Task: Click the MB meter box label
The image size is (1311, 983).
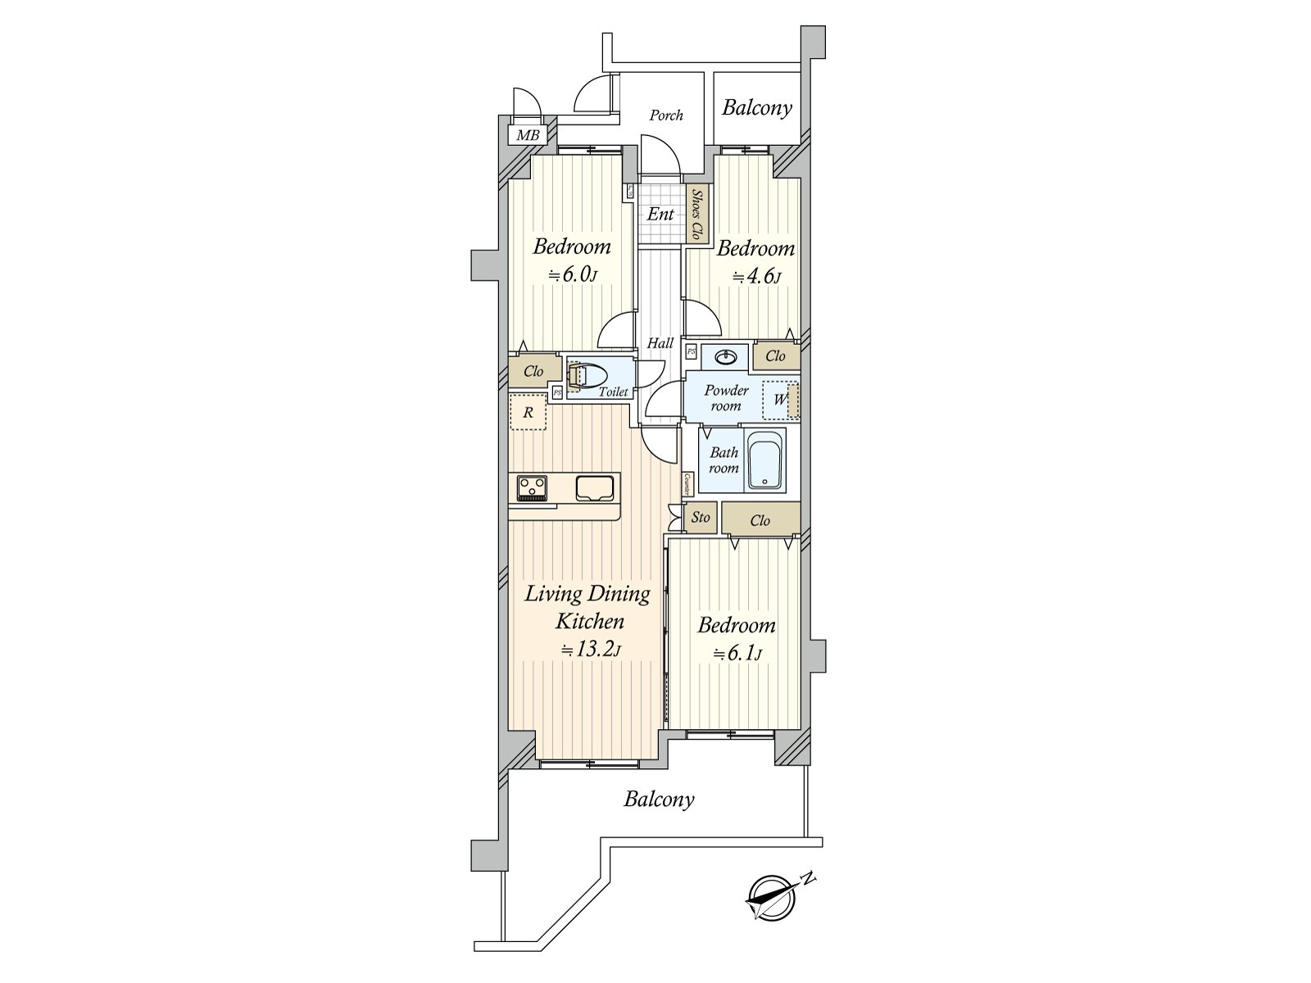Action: [528, 135]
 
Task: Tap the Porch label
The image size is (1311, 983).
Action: [665, 116]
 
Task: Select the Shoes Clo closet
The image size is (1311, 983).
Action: [697, 215]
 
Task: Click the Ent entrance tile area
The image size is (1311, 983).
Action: [660, 215]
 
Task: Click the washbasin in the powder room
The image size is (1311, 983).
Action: [725, 357]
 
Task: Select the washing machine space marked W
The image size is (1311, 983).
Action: [780, 401]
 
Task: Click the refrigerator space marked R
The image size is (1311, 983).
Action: [528, 413]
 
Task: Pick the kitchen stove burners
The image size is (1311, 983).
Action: [533, 488]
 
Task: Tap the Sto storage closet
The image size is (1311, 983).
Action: [701, 518]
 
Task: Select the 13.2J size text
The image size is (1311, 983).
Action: [590, 650]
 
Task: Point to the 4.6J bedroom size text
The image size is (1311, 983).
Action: [755, 276]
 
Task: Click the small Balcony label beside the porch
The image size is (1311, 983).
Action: [756, 107]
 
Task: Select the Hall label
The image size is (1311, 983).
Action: [660, 343]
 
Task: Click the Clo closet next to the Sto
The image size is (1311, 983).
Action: [760, 520]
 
